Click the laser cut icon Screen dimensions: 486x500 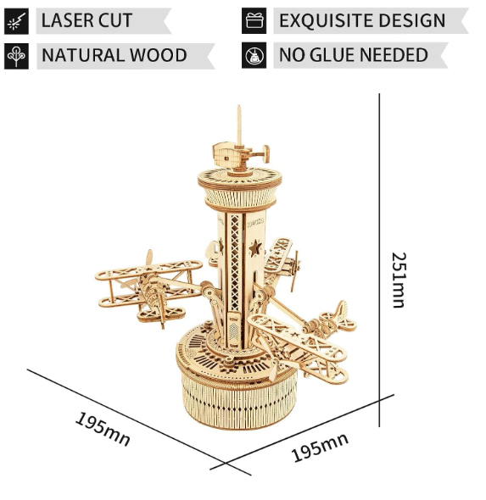click(x=16, y=21)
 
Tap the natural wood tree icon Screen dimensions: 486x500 click(x=16, y=56)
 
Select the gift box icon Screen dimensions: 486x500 click(x=254, y=21)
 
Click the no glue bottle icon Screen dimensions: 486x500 click(x=254, y=55)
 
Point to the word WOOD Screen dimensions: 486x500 click(x=159, y=55)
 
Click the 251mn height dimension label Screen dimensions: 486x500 click(x=399, y=280)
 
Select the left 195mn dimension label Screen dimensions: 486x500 click(x=103, y=429)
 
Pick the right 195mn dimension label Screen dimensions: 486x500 click(x=320, y=447)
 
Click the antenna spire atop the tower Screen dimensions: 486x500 click(x=239, y=125)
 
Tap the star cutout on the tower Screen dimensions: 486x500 click(x=255, y=249)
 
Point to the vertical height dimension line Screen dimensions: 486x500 click(x=379, y=260)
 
